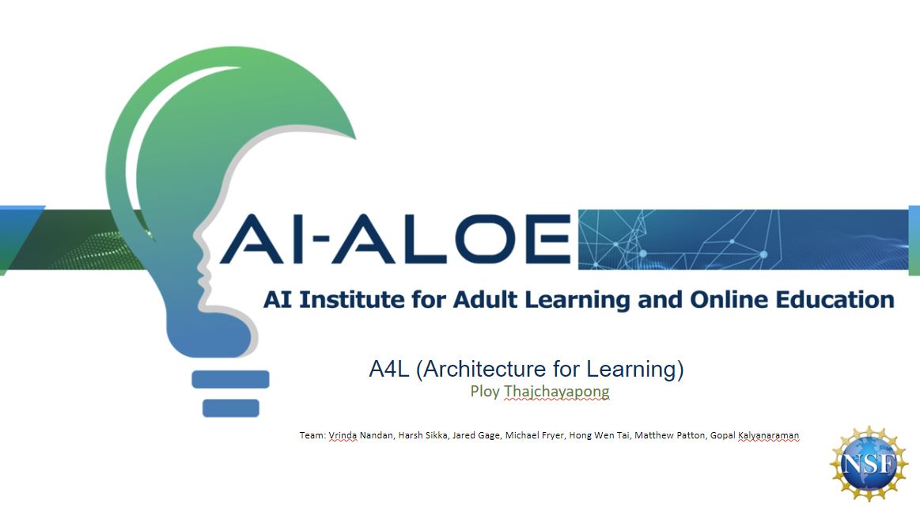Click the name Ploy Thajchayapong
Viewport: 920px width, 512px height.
click(x=540, y=391)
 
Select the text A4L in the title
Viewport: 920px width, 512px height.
click(x=388, y=369)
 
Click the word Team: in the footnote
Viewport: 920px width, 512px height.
click(x=312, y=435)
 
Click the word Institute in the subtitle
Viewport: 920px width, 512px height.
click(x=343, y=300)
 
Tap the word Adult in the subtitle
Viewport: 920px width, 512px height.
click(x=486, y=300)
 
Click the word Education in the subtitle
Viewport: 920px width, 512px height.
click(x=837, y=300)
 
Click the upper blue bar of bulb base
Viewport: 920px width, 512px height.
click(x=231, y=380)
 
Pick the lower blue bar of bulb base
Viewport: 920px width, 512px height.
click(x=231, y=408)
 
